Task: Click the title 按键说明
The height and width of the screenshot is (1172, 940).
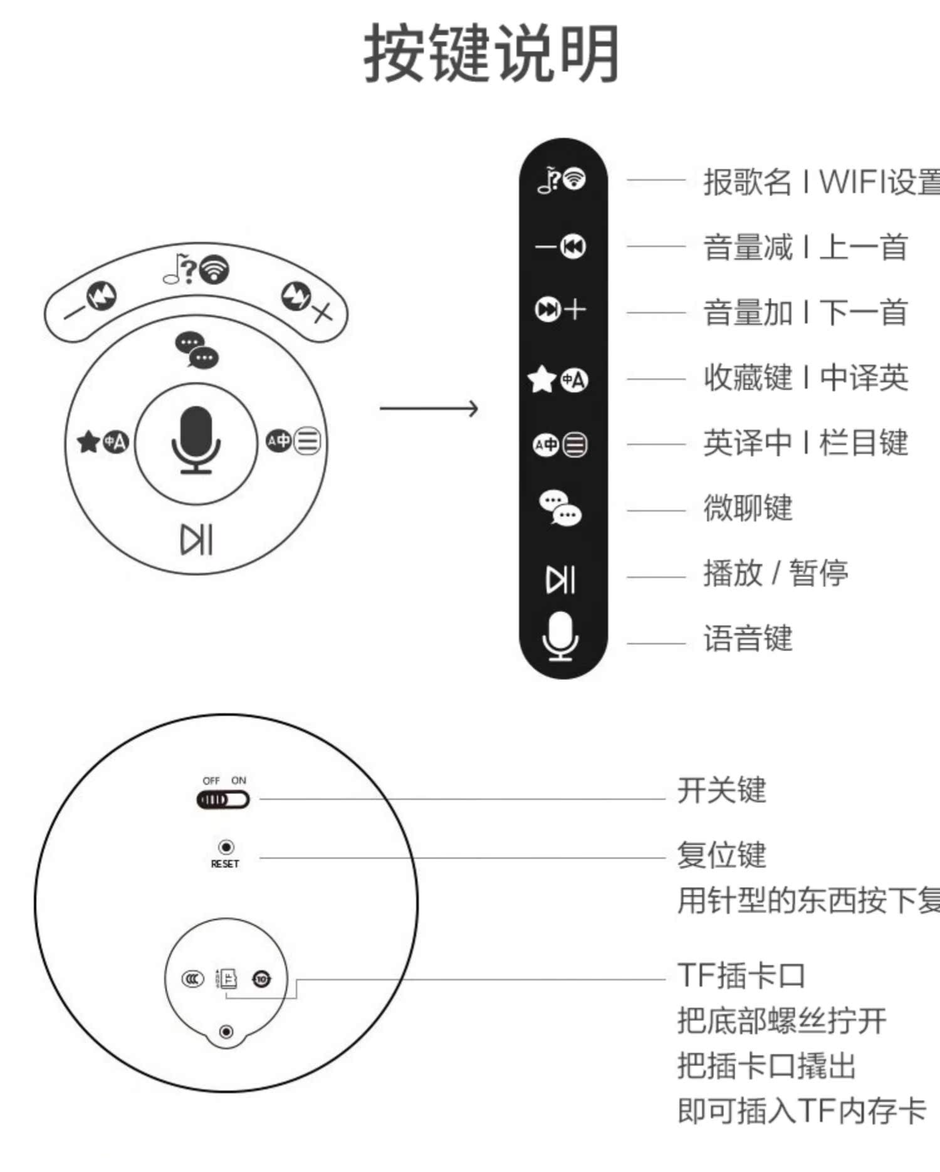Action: point(491,53)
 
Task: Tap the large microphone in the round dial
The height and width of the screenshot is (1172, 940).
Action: point(196,439)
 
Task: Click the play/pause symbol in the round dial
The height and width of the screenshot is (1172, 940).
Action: point(196,540)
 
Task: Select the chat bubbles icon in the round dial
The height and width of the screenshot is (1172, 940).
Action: point(197,350)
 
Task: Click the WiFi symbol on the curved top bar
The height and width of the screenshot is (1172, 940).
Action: point(214,269)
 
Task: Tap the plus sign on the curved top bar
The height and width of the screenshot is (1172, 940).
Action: point(321,311)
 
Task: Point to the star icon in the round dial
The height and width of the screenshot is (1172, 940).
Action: point(88,442)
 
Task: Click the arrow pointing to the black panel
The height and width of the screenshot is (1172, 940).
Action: point(429,409)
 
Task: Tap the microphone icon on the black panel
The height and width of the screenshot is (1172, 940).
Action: point(560,636)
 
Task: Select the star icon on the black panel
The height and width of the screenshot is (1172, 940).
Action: point(542,379)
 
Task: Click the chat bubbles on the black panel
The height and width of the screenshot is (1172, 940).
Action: point(560,508)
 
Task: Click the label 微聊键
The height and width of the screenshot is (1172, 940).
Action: point(748,508)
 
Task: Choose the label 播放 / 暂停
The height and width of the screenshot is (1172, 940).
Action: point(775,573)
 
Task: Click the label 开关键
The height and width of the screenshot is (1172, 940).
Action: point(721,790)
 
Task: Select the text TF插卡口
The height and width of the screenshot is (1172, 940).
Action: point(741,976)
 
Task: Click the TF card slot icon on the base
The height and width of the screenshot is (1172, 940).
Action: point(228,978)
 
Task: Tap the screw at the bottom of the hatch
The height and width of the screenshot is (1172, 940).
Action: point(226,1032)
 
